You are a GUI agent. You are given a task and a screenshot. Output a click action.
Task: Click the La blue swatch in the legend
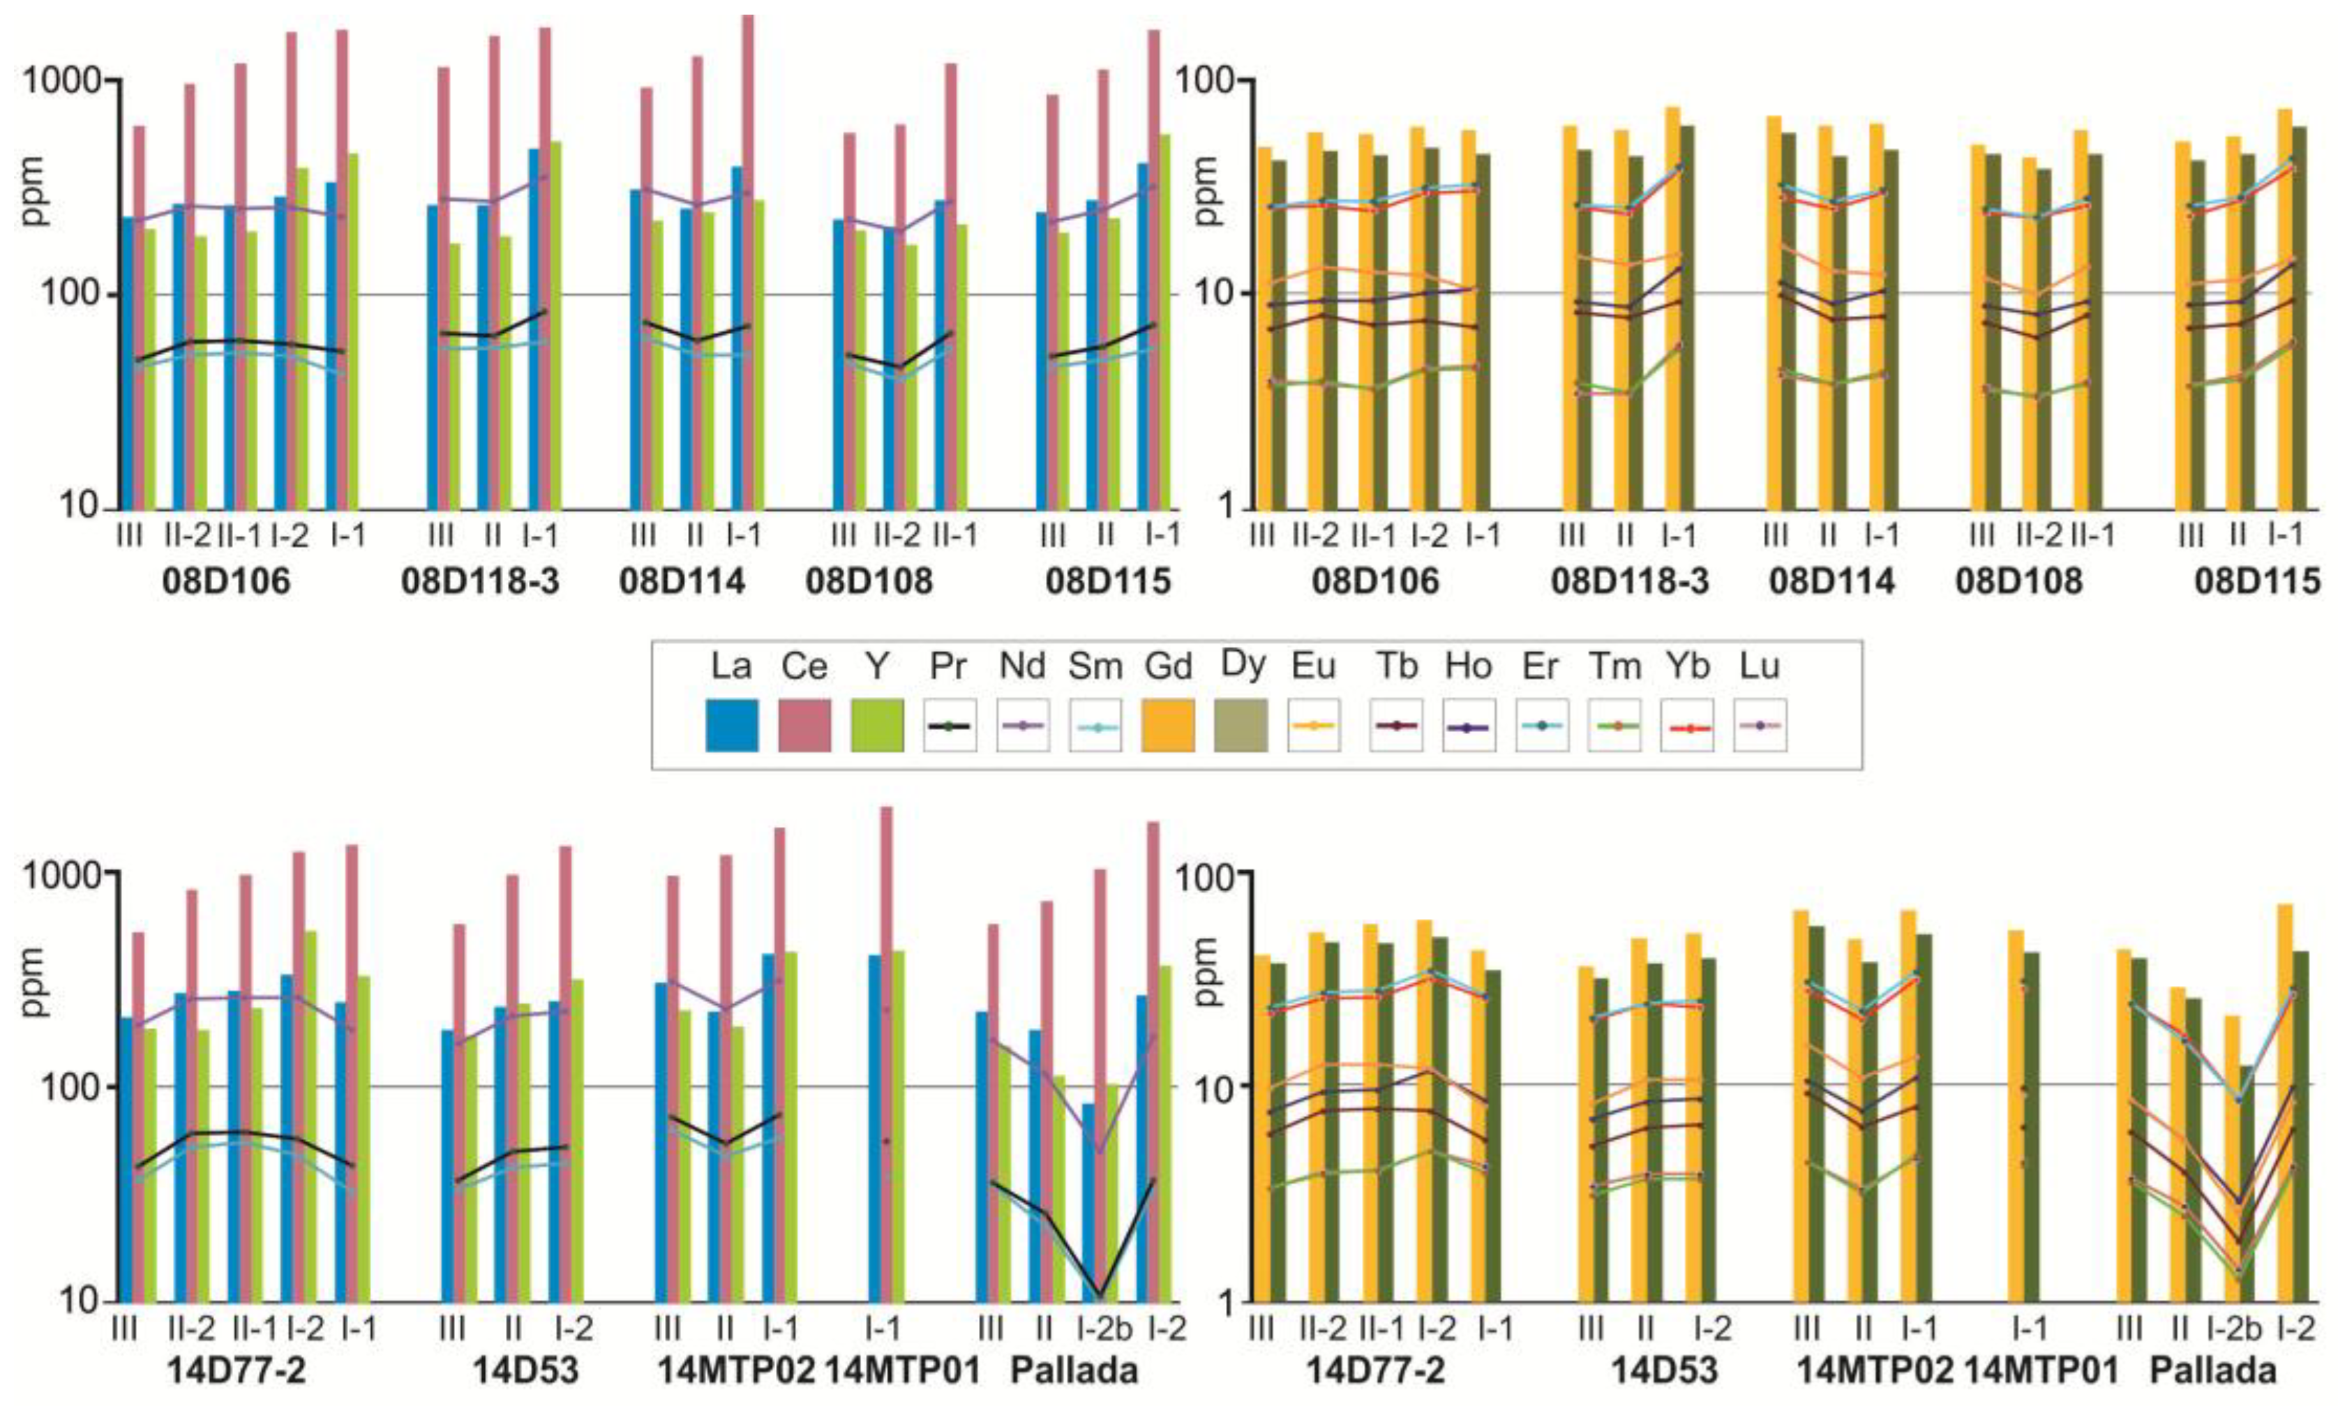point(731,725)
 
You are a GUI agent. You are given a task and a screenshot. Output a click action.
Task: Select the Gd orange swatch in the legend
point(1167,725)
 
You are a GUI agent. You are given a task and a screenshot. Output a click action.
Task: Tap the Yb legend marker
point(1686,726)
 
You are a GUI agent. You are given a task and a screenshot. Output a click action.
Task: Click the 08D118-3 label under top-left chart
point(479,581)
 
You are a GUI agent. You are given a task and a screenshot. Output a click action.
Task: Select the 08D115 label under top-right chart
point(2256,581)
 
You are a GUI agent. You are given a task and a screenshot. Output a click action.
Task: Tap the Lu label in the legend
point(1759,667)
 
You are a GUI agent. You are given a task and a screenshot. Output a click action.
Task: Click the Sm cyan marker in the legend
point(1095,726)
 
